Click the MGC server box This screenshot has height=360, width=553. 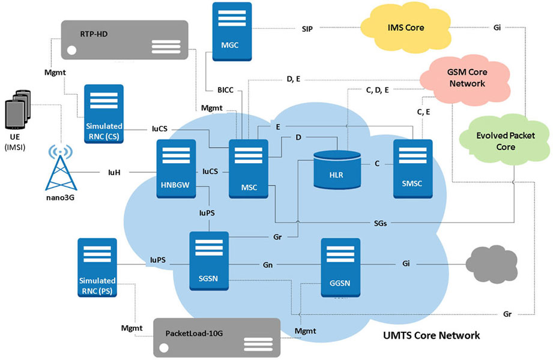click(x=232, y=31)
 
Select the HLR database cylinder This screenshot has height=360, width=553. click(x=337, y=169)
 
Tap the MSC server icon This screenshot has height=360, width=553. click(x=249, y=169)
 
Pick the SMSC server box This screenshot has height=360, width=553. click(x=413, y=169)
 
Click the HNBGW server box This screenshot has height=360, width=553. click(x=176, y=169)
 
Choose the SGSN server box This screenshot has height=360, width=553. click(x=209, y=261)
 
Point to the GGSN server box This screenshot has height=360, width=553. click(x=340, y=268)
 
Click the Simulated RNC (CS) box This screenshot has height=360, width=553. click(x=104, y=114)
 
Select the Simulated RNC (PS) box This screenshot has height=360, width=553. click(x=97, y=268)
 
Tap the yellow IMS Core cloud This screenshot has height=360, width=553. click(x=405, y=28)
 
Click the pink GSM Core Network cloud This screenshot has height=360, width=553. click(x=465, y=80)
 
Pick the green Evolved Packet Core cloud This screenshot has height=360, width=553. click(x=505, y=140)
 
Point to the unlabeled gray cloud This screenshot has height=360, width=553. click(x=492, y=265)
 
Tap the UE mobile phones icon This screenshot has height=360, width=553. click(x=17, y=110)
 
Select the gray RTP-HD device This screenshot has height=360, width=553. click(x=124, y=40)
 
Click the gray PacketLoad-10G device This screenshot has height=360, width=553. click(x=217, y=338)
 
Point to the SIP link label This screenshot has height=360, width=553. click(x=307, y=29)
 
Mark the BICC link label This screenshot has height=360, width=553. click(x=225, y=90)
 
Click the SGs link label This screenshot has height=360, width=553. click(x=381, y=223)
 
